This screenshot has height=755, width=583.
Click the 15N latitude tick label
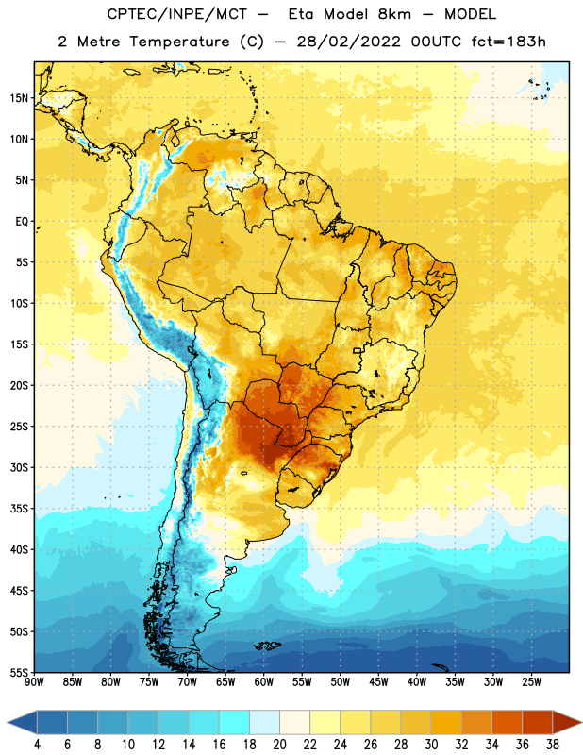19,98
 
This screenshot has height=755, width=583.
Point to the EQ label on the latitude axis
22,222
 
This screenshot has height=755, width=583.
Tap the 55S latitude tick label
19,672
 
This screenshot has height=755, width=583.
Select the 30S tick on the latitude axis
19,467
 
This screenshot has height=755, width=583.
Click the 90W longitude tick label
34,682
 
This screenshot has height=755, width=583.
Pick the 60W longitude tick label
264,682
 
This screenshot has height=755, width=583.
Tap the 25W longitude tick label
531,682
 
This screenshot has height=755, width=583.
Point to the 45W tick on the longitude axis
378,682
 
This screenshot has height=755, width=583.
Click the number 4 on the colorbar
37,745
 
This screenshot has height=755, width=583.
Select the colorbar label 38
553,745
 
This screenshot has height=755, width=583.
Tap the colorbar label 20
279,745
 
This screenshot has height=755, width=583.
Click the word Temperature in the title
179,42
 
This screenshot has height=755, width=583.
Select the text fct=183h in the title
508,42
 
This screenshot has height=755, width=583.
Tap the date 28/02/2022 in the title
348,42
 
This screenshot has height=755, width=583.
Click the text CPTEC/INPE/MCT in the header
177,14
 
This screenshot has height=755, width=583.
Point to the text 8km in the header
394,14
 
